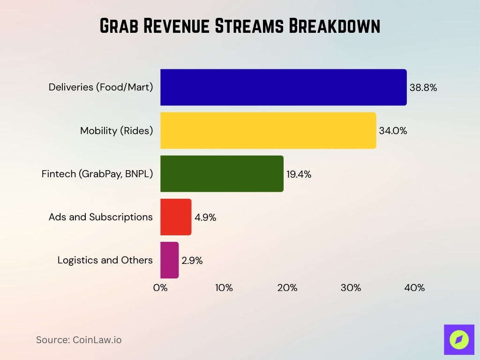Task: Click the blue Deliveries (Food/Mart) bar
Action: click(x=283, y=87)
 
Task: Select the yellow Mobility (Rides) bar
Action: click(x=268, y=130)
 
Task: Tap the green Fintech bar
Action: click(x=222, y=173)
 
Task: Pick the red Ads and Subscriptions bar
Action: click(x=176, y=217)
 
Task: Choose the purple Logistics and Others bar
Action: click(x=169, y=260)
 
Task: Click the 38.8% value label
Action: click(x=423, y=88)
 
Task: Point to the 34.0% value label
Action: click(x=393, y=131)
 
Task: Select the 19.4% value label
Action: click(x=299, y=174)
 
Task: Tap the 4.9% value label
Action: click(x=205, y=217)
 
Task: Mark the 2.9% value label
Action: click(x=192, y=261)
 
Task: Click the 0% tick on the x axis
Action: click(x=160, y=288)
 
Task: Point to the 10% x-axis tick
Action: click(x=224, y=288)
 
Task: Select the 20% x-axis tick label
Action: click(x=287, y=288)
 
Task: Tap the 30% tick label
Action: click(x=351, y=288)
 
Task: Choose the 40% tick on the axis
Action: click(x=414, y=288)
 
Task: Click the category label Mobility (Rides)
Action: click(x=116, y=131)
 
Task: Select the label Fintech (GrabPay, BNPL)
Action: click(x=97, y=174)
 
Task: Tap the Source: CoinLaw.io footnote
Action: click(x=79, y=340)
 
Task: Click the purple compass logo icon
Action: click(x=458, y=339)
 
